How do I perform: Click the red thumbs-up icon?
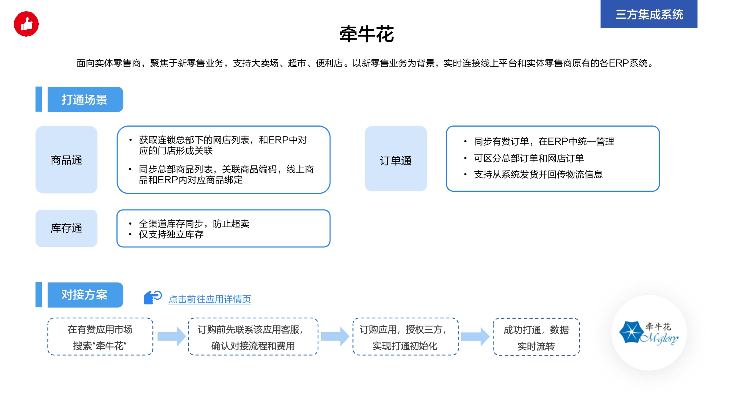[x=26, y=24]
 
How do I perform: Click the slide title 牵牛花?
[x=367, y=34]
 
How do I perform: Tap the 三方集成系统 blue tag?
[x=649, y=14]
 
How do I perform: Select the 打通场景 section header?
[x=85, y=100]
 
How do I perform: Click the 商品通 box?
[x=66, y=160]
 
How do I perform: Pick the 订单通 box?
[x=396, y=159]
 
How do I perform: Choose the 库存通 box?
[x=66, y=228]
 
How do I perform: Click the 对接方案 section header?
[x=85, y=295]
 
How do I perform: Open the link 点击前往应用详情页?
[x=210, y=299]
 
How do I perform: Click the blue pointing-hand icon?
[x=152, y=297]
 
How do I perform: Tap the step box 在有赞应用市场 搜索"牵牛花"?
[x=100, y=337]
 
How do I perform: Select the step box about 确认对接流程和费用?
[x=253, y=337]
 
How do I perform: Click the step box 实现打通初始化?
[x=405, y=337]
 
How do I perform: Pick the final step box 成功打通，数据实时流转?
[x=536, y=337]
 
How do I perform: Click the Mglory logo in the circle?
[x=649, y=333]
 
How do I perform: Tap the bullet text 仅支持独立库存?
[x=171, y=235]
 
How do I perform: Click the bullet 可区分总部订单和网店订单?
[x=529, y=158]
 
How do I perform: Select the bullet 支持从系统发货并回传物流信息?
[x=538, y=175]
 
